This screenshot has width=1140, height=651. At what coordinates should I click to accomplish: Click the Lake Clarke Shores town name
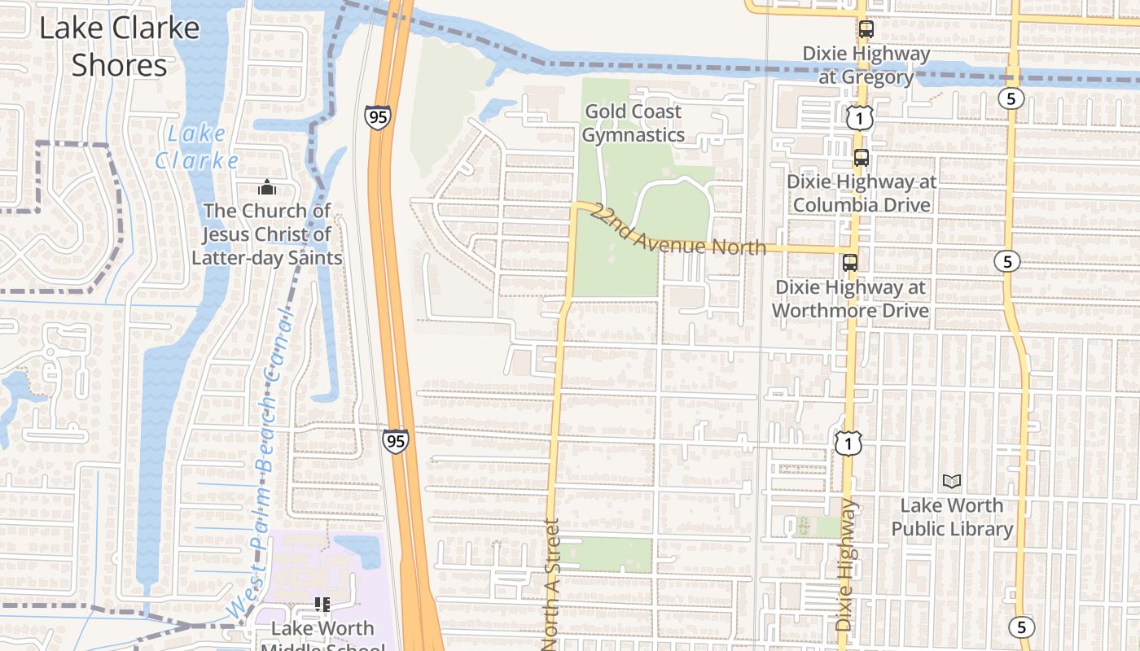click(119, 46)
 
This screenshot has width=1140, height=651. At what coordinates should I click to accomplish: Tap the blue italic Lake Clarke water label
click(197, 146)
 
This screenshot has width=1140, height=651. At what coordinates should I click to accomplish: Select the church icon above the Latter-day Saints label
click(266, 187)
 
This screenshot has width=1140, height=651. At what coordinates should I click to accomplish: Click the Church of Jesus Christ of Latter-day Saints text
click(266, 234)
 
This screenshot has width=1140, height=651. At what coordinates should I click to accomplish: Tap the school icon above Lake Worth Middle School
click(322, 604)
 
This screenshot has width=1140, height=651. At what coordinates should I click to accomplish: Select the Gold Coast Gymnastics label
click(633, 123)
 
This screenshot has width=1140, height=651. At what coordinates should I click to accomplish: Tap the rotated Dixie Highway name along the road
click(846, 565)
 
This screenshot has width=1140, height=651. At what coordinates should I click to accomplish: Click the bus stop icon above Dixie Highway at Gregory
click(866, 29)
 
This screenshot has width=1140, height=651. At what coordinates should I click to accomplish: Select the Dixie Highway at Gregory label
click(866, 65)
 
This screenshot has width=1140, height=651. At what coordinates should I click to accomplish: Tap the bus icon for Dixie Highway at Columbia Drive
click(861, 157)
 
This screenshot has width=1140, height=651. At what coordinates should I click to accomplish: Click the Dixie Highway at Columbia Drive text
click(861, 193)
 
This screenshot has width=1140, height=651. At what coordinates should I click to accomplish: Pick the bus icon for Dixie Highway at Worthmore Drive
click(850, 262)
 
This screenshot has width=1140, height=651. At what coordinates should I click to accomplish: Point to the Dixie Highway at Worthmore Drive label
click(850, 299)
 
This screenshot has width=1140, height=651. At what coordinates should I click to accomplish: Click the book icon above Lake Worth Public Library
click(951, 481)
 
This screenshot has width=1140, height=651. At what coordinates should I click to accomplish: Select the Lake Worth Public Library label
click(951, 517)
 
